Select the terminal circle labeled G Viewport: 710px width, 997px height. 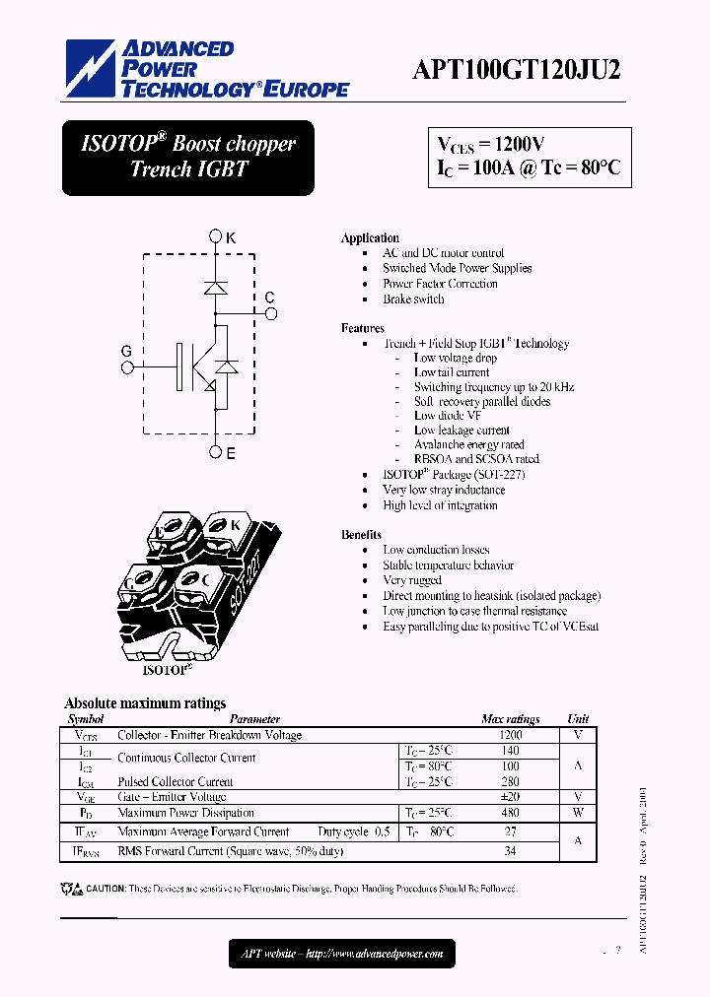pos(126,367)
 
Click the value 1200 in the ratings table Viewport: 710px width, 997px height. pos(510,735)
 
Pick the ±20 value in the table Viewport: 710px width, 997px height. pos(510,797)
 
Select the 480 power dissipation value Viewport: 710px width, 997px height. pos(510,813)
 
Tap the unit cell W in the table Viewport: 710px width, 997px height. pos(578,813)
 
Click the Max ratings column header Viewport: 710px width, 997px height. pos(510,719)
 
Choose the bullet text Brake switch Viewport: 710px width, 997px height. pos(413,299)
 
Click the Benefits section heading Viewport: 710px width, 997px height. pos(361,534)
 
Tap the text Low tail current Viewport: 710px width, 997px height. pos(452,372)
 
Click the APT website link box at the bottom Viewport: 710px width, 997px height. pos(342,953)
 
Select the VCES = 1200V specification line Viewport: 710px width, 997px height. pos(491,144)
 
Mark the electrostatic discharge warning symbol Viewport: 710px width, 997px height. pos(72,889)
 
